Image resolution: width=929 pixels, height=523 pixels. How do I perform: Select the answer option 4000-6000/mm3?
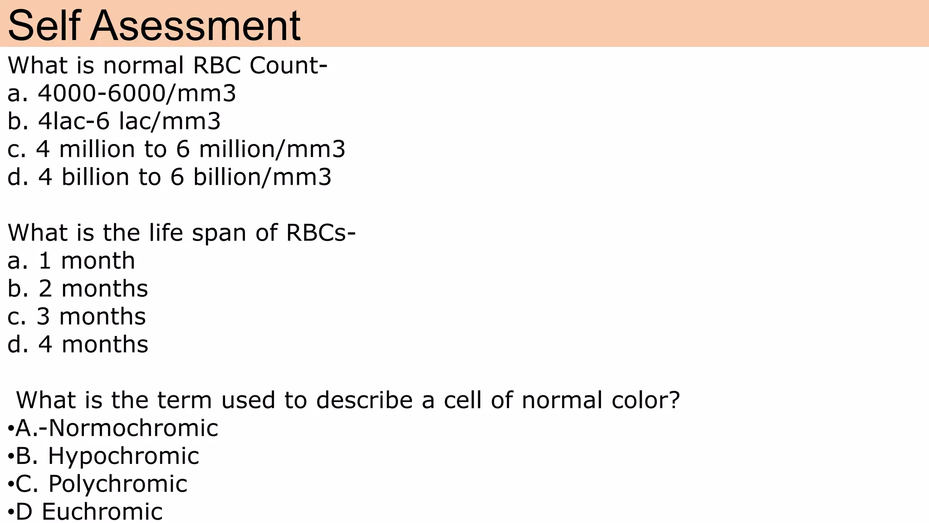tap(137, 94)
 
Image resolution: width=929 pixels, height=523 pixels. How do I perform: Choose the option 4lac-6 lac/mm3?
tap(129, 121)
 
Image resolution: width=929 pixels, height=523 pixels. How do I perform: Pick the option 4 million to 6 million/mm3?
tap(191, 149)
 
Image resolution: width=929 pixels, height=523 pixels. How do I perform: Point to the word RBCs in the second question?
tap(317, 233)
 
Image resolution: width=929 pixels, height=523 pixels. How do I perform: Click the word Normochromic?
tap(133, 428)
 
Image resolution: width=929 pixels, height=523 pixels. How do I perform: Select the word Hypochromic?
tap(123, 456)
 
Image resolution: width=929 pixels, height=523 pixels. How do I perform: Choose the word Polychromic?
tap(118, 484)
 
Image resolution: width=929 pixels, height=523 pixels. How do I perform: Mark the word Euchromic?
tap(102, 512)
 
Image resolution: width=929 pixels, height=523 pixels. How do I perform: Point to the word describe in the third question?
tap(365, 400)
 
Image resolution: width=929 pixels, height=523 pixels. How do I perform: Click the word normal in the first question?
tap(143, 65)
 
